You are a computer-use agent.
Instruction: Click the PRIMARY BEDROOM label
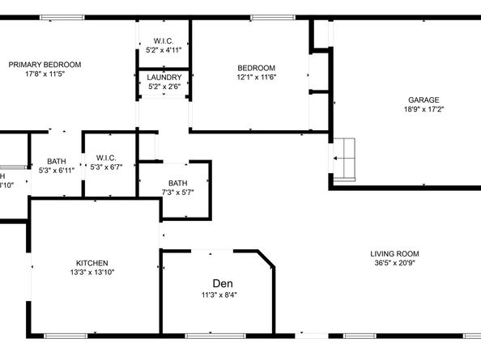(x=45, y=65)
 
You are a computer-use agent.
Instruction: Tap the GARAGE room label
(x=424, y=100)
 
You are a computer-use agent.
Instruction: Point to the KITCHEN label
(x=92, y=263)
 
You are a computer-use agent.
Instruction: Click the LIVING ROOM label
(x=397, y=253)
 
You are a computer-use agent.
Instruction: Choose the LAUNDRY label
(x=164, y=78)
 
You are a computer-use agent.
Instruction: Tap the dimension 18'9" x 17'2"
(x=424, y=109)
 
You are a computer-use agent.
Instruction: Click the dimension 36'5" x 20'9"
(x=397, y=263)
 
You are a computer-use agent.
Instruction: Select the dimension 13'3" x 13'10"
(x=92, y=273)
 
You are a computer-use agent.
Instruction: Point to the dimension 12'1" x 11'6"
(x=256, y=77)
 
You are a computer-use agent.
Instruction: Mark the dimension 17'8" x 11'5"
(x=45, y=74)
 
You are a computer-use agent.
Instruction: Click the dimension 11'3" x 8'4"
(x=219, y=295)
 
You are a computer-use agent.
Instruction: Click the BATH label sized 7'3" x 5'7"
(x=177, y=183)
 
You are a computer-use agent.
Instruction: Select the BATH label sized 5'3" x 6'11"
(x=57, y=161)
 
